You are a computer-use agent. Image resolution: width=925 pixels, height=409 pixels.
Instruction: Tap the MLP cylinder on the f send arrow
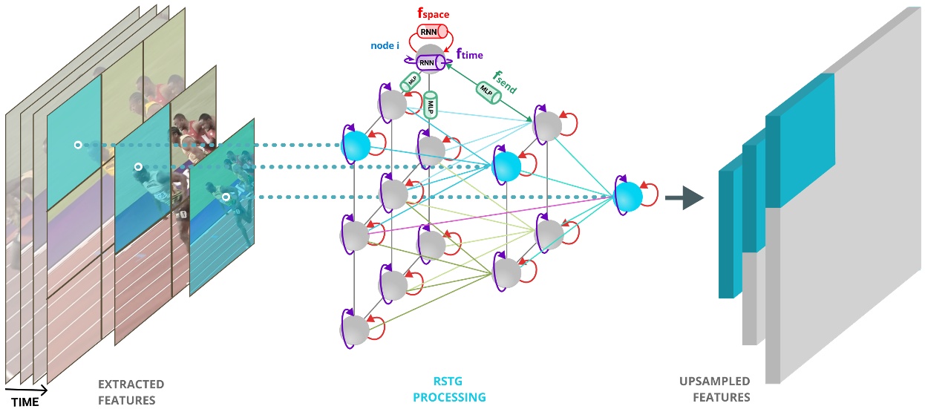(x=488, y=91)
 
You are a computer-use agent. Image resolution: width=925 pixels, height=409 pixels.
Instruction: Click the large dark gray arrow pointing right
(x=683, y=198)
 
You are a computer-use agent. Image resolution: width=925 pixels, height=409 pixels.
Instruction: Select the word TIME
(x=24, y=402)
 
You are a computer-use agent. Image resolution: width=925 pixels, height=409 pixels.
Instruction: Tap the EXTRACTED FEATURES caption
(x=131, y=392)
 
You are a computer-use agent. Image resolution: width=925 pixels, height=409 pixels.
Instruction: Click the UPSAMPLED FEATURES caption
(x=713, y=390)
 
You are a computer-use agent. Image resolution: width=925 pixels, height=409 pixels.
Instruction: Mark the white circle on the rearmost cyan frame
(x=78, y=145)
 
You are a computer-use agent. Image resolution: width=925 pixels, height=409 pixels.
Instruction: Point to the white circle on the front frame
(x=226, y=197)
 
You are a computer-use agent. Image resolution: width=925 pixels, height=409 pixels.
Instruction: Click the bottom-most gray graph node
(x=356, y=330)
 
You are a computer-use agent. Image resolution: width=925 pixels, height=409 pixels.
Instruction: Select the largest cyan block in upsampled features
(x=805, y=141)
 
